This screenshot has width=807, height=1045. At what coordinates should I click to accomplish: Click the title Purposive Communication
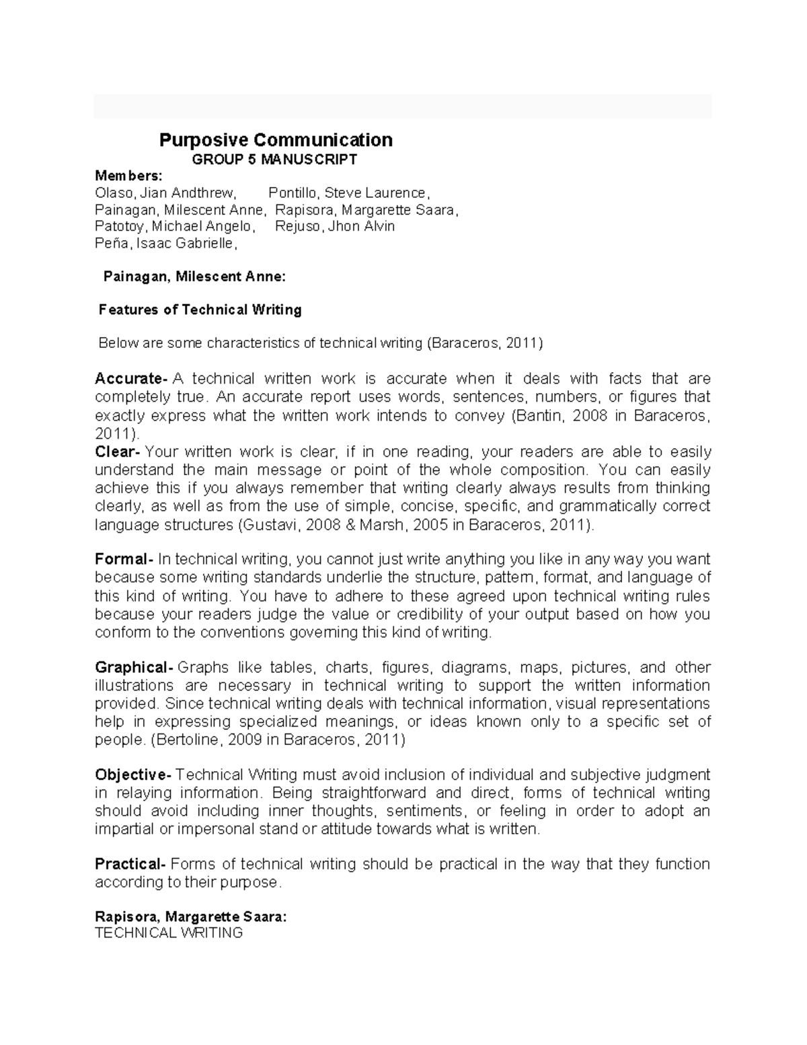tap(276, 140)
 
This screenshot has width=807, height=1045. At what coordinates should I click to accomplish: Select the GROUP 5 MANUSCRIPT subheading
tap(274, 159)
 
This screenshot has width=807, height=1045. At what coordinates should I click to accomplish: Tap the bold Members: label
tap(128, 176)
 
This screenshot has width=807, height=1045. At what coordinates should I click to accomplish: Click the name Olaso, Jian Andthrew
tap(165, 193)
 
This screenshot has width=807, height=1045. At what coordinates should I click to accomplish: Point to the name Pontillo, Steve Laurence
tap(348, 193)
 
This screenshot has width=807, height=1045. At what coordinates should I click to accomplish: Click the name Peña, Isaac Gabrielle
tap(166, 243)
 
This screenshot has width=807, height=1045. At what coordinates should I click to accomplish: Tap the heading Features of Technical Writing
tap(200, 310)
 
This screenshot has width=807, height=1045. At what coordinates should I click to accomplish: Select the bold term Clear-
tap(118, 452)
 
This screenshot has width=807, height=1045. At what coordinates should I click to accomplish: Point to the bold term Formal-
tap(124, 559)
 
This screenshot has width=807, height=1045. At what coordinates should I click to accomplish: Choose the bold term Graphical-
tap(134, 668)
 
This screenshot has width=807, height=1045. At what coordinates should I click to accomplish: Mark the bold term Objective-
tap(133, 774)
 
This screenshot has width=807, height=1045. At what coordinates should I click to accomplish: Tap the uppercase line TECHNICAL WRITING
tap(169, 933)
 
